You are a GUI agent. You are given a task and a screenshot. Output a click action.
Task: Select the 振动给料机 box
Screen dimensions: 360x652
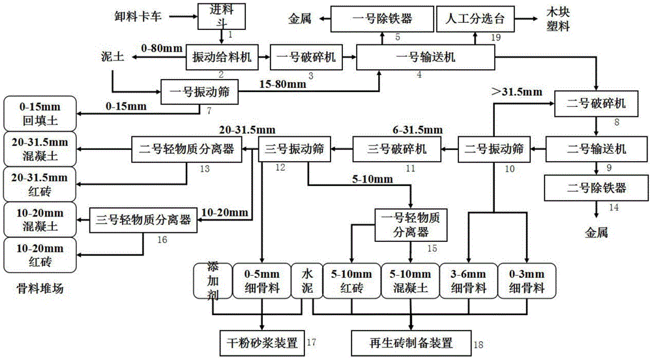click(x=218, y=57)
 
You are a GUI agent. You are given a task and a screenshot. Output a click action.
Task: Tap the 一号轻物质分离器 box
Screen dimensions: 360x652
click(x=410, y=223)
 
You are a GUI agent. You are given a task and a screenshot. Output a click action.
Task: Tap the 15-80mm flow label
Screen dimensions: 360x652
click(x=282, y=85)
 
